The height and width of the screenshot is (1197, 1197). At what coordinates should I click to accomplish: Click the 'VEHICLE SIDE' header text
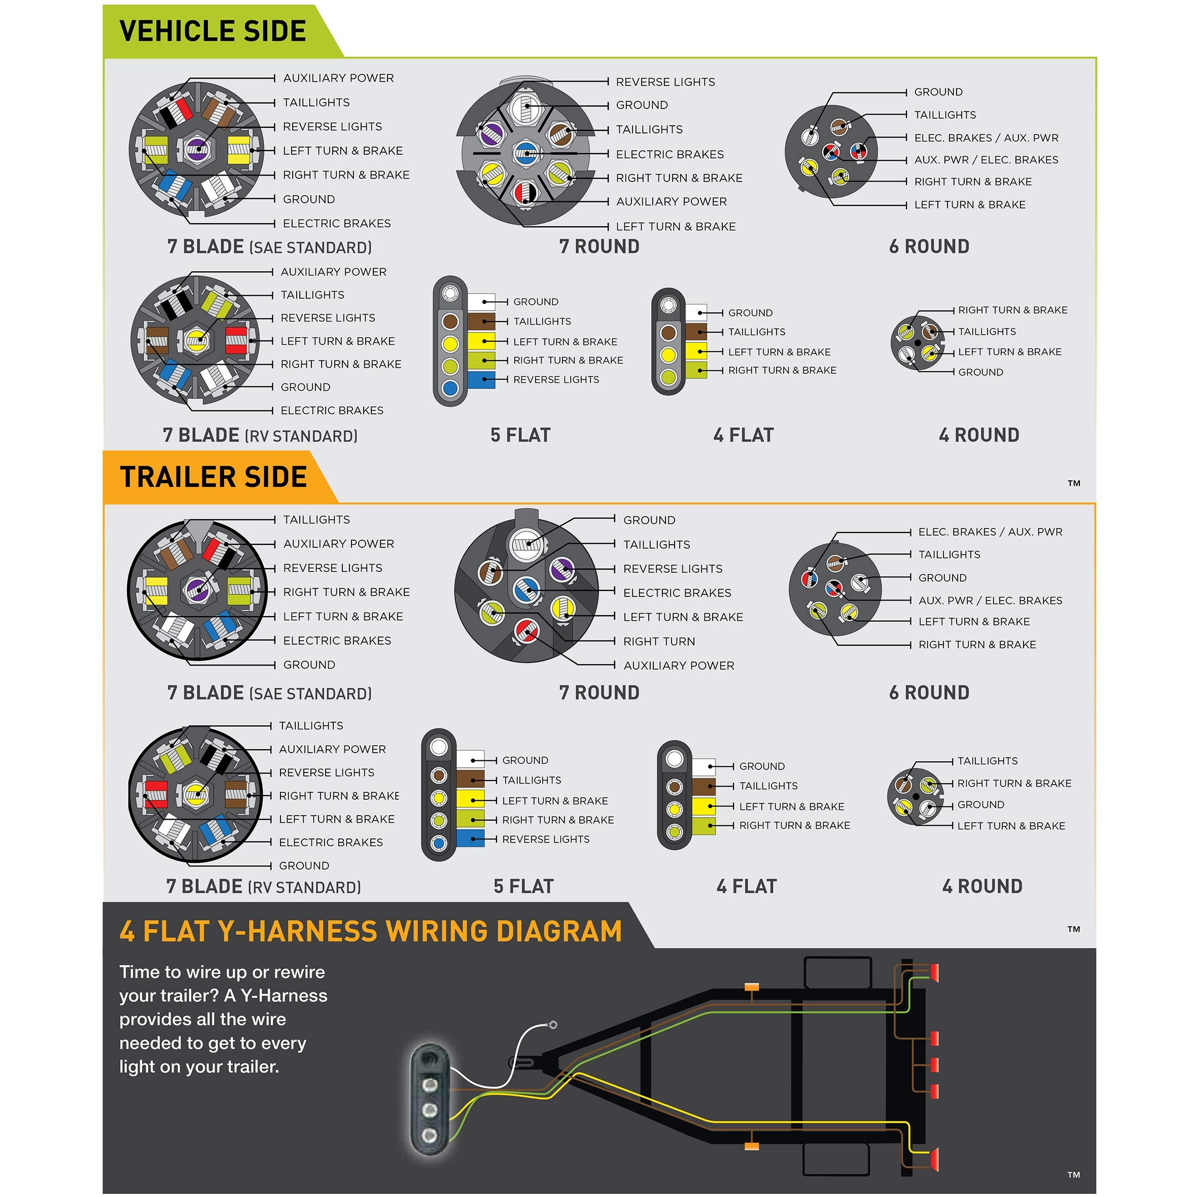(x=213, y=31)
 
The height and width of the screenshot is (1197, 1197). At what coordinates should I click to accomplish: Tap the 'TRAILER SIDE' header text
(x=213, y=477)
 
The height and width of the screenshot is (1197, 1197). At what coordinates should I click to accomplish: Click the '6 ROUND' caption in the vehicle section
(x=929, y=247)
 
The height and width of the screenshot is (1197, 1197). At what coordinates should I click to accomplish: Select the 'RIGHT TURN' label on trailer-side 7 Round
(x=658, y=641)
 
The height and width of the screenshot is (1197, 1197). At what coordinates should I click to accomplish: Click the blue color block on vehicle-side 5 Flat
(x=481, y=380)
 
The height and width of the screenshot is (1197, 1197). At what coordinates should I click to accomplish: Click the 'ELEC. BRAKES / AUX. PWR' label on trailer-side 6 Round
(x=990, y=532)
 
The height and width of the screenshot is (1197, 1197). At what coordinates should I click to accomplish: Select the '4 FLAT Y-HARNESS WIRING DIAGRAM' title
(x=370, y=931)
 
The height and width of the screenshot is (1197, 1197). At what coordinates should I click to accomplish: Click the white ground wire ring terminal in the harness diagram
(x=553, y=1025)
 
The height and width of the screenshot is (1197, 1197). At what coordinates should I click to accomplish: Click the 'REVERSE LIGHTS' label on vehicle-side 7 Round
(x=665, y=82)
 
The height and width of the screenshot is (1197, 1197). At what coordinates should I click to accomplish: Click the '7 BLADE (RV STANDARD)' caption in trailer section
(x=263, y=887)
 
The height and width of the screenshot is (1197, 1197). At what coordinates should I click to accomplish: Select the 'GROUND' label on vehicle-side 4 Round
(x=980, y=372)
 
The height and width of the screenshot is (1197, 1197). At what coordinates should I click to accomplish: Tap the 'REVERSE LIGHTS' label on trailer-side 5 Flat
(x=545, y=839)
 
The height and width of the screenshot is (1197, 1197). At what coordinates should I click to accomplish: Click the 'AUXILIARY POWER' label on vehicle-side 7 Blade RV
(x=333, y=272)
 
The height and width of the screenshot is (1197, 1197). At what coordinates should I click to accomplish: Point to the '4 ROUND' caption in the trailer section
(x=982, y=887)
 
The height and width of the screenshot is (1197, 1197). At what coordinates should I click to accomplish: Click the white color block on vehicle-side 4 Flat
(x=696, y=312)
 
